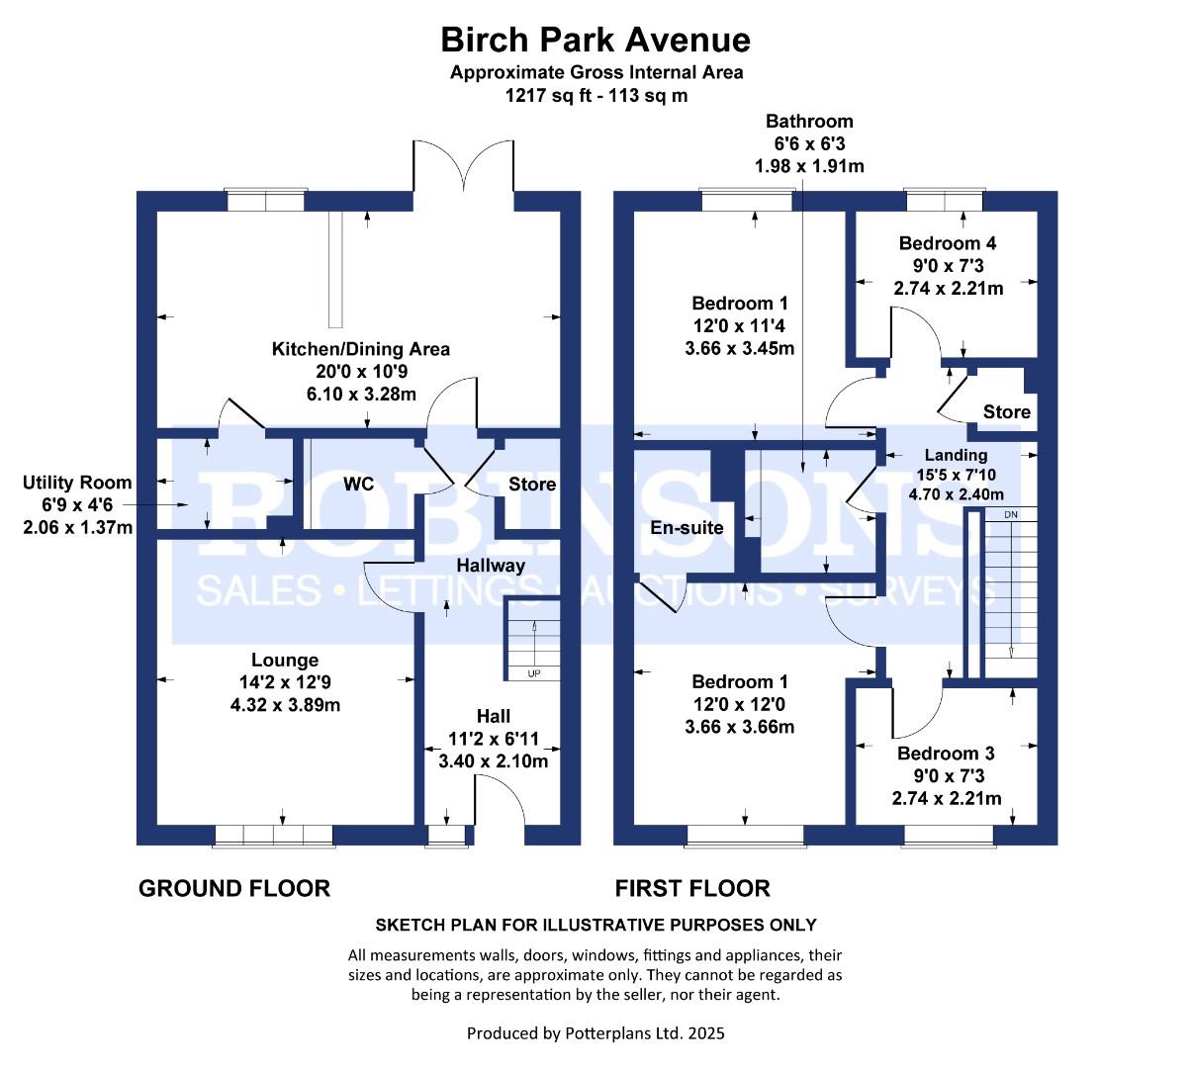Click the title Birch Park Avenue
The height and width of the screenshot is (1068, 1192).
596,40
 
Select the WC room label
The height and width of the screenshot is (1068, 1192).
358,484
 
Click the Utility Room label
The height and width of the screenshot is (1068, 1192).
77,483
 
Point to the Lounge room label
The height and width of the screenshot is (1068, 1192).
285,660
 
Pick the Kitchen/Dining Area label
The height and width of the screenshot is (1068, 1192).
361,349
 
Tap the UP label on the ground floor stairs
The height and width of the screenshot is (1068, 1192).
534,673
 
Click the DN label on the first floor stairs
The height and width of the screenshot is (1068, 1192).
1010,514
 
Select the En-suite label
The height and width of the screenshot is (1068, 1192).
687,527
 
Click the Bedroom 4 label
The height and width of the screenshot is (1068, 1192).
948,243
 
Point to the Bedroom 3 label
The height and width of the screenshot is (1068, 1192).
946,753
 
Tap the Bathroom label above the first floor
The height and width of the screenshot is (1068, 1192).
809,122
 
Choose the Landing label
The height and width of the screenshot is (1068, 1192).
956,455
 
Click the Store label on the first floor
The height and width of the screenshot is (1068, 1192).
1007,411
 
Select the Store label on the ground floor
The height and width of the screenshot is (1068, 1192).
532,484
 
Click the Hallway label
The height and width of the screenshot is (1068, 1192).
491,566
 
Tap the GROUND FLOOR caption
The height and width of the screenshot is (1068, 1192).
234,888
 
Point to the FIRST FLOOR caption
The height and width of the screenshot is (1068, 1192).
692,888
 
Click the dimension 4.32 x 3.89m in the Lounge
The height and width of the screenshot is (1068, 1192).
285,704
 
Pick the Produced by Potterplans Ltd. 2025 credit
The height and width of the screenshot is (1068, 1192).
596,1032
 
